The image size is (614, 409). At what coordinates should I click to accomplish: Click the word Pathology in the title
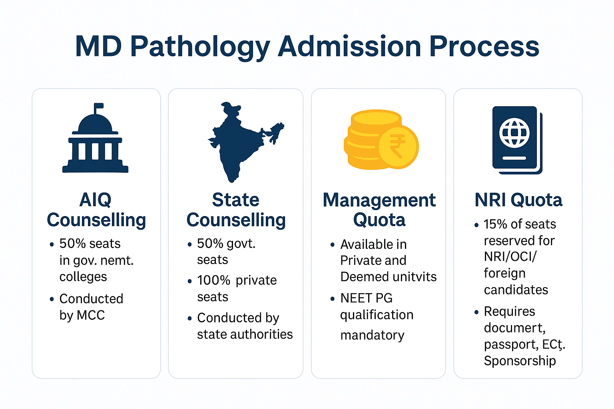pos(200,47)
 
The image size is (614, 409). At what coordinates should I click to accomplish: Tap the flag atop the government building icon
pos(98,107)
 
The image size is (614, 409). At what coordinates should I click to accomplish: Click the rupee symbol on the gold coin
pos(397,145)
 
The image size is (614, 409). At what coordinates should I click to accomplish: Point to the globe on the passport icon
pos(514,132)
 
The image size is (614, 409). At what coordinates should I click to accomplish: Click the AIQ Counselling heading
pos(96,210)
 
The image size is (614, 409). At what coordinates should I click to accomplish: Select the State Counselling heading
pos(236,210)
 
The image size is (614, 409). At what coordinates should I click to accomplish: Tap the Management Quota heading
pos(379,210)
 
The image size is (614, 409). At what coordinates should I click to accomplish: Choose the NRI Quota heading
pos(518,200)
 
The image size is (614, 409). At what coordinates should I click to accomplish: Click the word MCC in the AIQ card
pos(91,315)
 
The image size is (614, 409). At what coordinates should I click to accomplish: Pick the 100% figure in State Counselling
pos(214,280)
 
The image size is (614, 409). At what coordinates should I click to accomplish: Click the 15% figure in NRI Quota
pos(495,224)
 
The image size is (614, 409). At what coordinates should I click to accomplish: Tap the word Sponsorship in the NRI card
pos(520,361)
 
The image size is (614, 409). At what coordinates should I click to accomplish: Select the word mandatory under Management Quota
pos(372,335)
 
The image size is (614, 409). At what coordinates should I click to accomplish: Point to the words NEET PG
pos(366,298)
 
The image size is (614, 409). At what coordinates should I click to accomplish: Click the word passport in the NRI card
pos(510,344)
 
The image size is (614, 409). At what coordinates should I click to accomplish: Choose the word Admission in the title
pos(349,46)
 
